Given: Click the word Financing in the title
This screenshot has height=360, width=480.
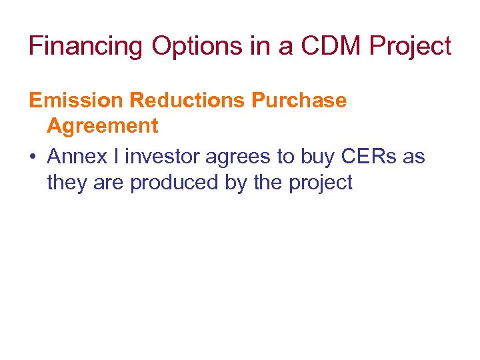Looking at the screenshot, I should [86, 47].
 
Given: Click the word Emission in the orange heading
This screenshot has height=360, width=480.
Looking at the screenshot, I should [76, 101].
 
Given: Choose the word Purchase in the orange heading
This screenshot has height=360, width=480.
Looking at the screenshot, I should [299, 101].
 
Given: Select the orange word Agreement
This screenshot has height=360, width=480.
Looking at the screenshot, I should [103, 126].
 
